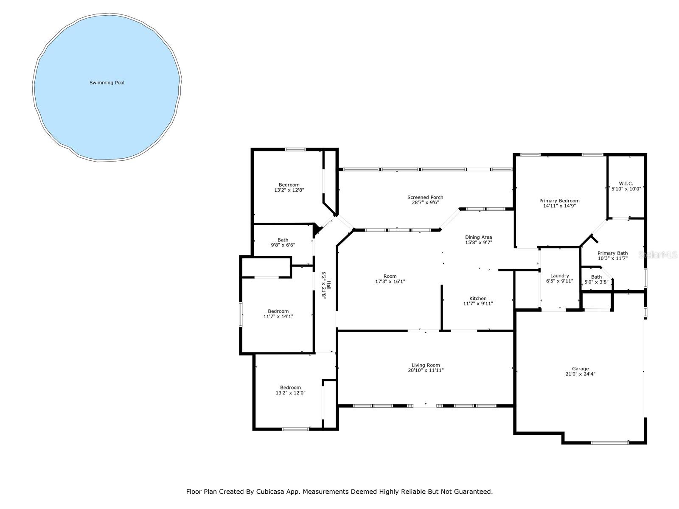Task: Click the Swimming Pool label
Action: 107,83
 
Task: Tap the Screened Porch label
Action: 425,197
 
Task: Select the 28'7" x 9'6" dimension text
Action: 425,203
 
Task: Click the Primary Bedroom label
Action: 559,201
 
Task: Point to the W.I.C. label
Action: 626,184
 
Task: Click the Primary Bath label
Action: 612,253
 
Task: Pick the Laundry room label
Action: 559,276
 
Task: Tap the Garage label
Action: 580,369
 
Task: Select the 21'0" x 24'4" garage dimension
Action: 580,374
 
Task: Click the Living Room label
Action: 426,365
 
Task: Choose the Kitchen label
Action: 478,298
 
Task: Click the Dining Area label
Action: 478,237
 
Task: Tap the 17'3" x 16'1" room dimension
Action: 390,282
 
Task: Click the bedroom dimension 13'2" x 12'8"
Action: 289,190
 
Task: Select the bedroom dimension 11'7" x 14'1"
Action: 278,316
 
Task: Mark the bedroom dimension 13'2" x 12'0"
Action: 290,393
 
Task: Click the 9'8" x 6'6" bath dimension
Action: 283,245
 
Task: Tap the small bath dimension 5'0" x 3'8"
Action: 596,282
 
